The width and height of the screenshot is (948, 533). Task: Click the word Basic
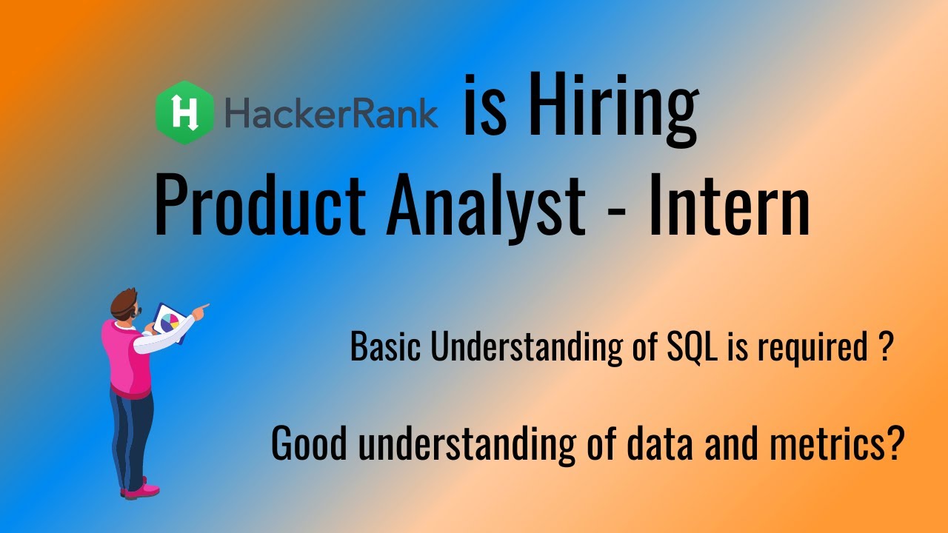[x=387, y=346]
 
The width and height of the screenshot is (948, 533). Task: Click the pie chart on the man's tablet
[x=168, y=322]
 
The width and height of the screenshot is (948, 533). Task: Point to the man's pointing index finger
[x=203, y=306]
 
